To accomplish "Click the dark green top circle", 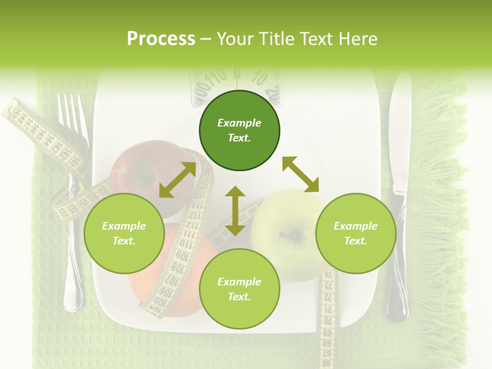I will [239, 131].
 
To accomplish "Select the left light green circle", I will [124, 233].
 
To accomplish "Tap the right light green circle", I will [355, 233].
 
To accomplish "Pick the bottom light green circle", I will [239, 289].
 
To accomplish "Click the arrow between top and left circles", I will [177, 180].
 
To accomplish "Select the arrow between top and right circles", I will [300, 174].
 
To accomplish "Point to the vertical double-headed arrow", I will [235, 211].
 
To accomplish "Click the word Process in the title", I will [161, 39].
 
